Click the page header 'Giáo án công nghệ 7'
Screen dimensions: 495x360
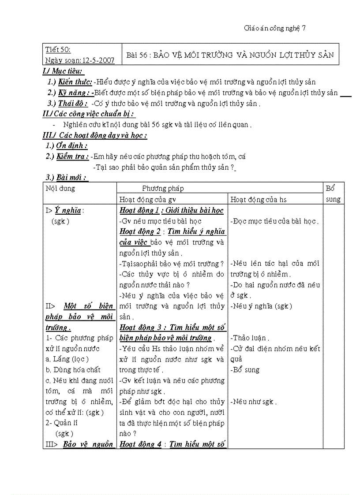click(274, 28)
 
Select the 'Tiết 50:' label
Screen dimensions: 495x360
click(58, 49)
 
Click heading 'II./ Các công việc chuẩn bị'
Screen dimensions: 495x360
click(88, 114)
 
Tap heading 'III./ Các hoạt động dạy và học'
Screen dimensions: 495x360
click(95, 135)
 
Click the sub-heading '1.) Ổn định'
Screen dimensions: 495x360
click(67, 146)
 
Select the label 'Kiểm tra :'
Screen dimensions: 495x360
click(72, 156)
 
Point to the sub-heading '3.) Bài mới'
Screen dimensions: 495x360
click(67, 178)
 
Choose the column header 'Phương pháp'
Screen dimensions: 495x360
click(163, 189)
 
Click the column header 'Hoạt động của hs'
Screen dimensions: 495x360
click(259, 200)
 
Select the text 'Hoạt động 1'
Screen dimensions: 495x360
click(138, 210)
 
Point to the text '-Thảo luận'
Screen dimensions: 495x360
click(250, 338)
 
